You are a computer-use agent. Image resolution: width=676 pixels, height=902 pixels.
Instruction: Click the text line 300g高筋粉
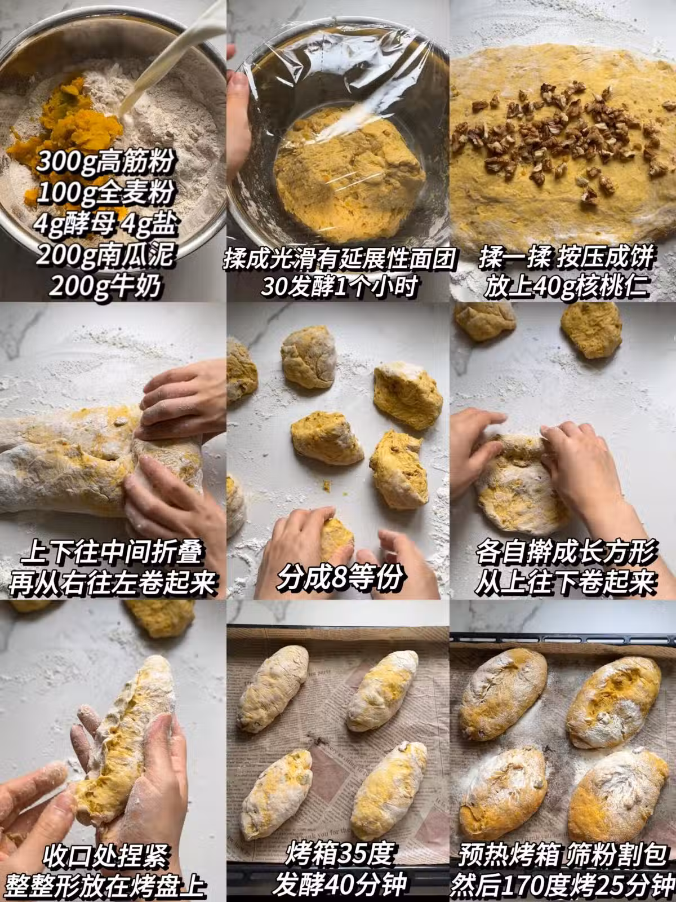pos(105,161)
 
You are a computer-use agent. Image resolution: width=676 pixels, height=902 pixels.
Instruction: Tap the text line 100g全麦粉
pos(105,193)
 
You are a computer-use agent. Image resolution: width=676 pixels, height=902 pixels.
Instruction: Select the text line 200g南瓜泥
pos(105,255)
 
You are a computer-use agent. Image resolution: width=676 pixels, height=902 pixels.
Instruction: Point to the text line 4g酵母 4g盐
pos(105,224)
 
